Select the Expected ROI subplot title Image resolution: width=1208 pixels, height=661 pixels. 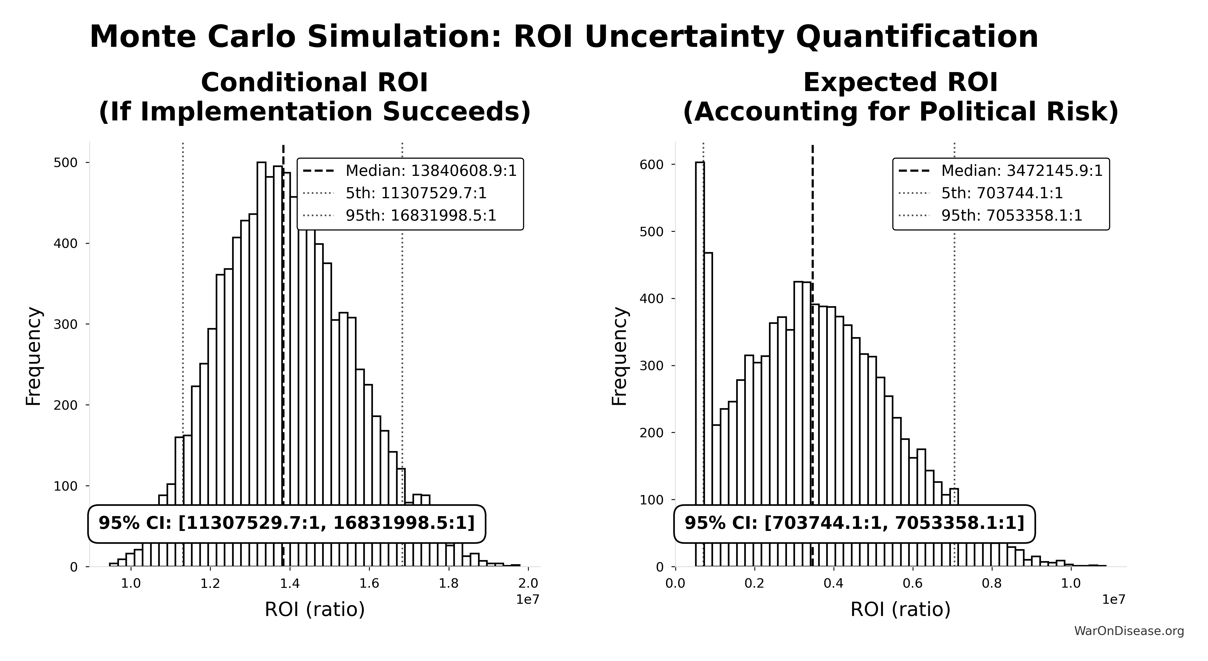pos(900,97)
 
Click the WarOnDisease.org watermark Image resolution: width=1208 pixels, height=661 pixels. pos(1129,631)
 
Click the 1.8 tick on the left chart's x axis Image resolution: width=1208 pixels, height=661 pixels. pos(449,584)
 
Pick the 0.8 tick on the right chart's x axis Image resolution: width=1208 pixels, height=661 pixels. pos(992,584)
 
